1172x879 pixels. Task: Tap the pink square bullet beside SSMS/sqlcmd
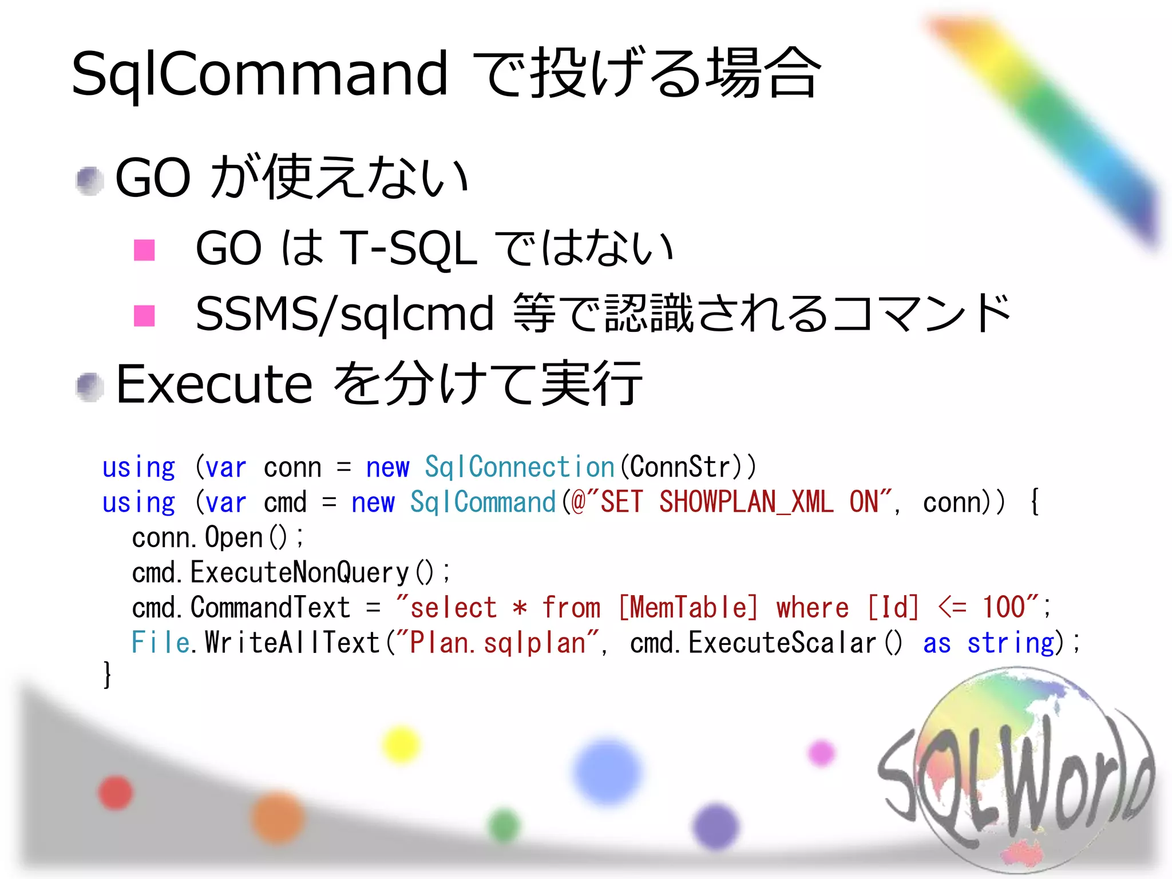click(x=144, y=315)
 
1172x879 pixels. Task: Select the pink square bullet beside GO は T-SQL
click(x=144, y=250)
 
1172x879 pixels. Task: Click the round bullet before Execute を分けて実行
click(x=90, y=387)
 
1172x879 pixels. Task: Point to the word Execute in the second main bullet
click(x=214, y=385)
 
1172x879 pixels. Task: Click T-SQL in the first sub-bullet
click(x=408, y=249)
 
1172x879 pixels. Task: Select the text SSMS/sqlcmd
click(x=344, y=314)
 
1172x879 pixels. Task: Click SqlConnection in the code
click(x=519, y=467)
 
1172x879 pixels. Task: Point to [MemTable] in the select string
click(x=689, y=607)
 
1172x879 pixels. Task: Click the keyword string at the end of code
click(x=1010, y=643)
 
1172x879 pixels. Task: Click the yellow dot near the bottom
click(x=401, y=745)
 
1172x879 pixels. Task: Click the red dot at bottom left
click(x=116, y=793)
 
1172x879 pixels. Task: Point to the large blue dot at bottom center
click(x=607, y=771)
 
